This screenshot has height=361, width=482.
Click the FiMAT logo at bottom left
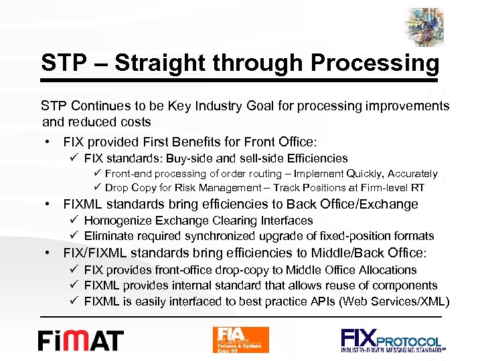click(x=81, y=340)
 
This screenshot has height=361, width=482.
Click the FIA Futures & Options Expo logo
click(x=240, y=340)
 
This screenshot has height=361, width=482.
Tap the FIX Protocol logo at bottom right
click(x=391, y=340)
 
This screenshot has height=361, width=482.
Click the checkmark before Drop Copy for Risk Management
click(x=96, y=188)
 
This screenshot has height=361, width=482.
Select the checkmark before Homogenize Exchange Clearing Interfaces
click(x=75, y=221)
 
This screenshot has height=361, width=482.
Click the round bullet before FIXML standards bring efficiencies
click(x=50, y=205)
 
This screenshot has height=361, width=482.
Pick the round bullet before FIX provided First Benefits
click(x=50, y=142)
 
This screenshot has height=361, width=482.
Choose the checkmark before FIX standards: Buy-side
click(x=75, y=158)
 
